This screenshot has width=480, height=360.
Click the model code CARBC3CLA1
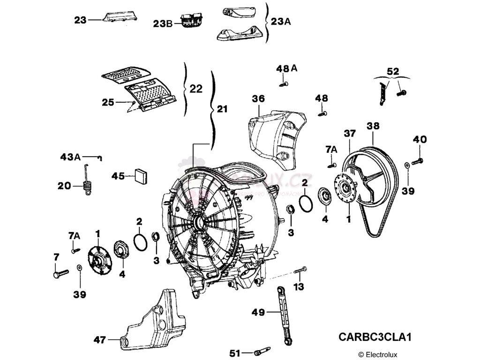[375, 337]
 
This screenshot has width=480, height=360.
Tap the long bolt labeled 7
[60, 272]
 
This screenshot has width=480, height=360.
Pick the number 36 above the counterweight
[258, 99]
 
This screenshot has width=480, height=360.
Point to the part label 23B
[163, 22]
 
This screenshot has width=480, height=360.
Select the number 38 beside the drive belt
[373, 126]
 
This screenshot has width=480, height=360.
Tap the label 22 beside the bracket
[196, 89]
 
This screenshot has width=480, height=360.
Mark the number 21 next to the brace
[222, 109]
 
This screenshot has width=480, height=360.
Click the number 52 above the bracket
[393, 71]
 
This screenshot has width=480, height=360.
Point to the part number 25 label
[108, 102]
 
